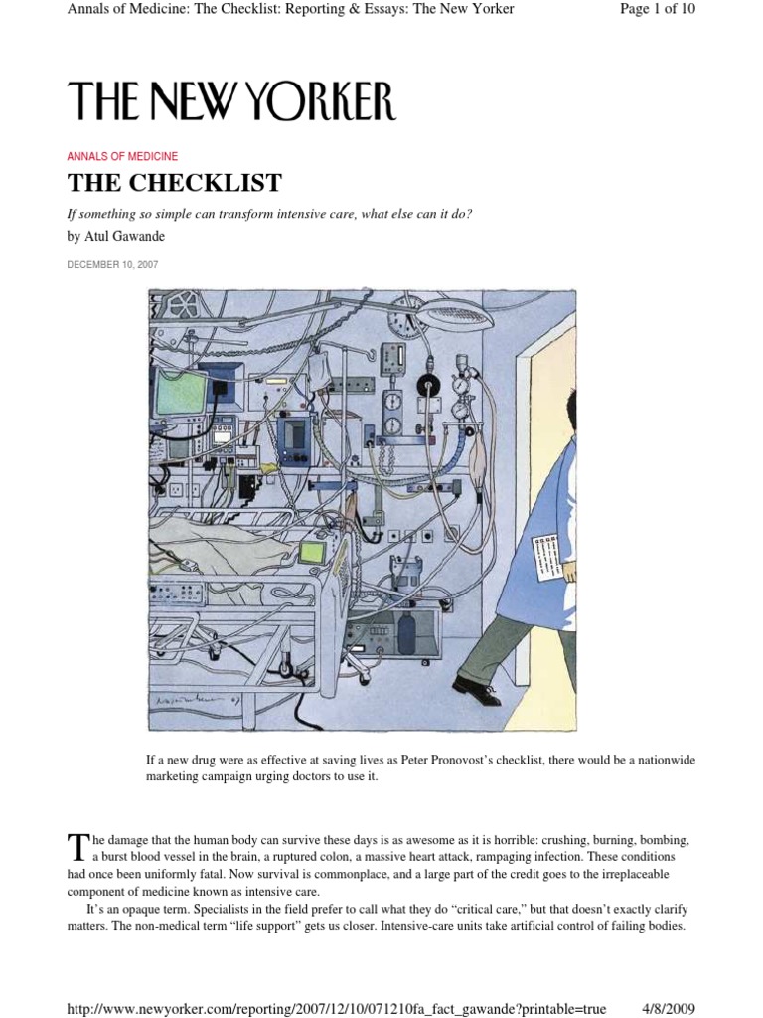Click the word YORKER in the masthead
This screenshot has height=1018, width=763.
tap(315, 102)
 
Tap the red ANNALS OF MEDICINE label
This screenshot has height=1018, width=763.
tap(122, 156)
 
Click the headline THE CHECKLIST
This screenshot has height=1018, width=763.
tap(174, 183)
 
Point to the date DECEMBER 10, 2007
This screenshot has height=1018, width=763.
tap(112, 265)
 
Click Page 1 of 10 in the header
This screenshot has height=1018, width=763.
tap(659, 9)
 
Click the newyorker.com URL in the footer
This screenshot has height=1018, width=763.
tap(336, 1009)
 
